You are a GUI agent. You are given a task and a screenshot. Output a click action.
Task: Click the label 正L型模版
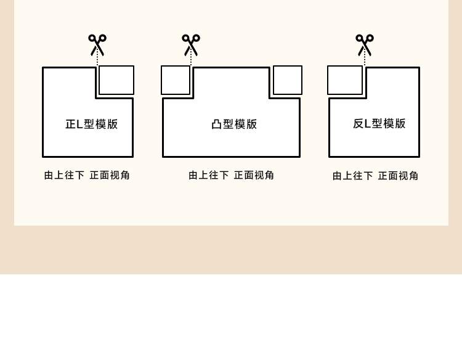91,124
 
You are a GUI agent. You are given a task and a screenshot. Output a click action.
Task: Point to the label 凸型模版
234,124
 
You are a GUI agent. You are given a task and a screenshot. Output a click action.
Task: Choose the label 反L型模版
379,123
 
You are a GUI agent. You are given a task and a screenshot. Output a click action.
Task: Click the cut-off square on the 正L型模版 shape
116,80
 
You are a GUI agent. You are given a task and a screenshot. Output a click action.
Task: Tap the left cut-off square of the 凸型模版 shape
176,80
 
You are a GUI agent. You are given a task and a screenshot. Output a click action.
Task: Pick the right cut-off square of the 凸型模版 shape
288,80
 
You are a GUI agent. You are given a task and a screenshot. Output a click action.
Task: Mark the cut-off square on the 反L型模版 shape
345,80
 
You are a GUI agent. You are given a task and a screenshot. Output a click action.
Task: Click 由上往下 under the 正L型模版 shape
64,175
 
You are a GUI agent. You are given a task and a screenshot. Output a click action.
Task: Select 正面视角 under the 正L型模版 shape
110,175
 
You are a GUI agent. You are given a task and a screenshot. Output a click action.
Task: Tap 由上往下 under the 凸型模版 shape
208,175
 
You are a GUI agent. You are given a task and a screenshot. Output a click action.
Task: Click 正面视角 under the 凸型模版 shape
254,175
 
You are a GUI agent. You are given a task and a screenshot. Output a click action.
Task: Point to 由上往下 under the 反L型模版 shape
352,176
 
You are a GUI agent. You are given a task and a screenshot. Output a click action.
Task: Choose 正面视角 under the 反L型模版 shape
398,176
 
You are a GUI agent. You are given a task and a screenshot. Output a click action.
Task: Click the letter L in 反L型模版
368,123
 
